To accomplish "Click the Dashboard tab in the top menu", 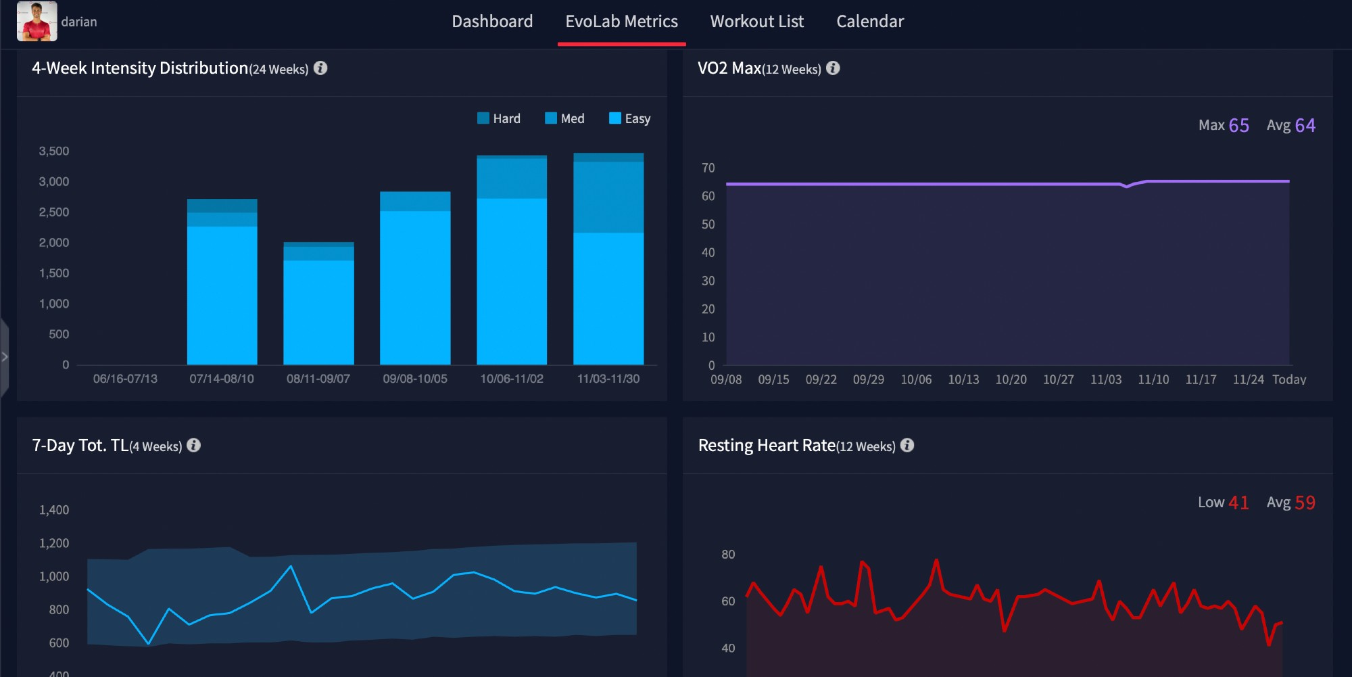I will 492,22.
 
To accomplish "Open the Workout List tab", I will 756,22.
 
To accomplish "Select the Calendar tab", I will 869,22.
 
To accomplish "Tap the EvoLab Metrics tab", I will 621,22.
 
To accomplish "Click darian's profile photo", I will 37,21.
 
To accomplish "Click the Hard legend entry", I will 499,118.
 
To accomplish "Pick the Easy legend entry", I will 629,118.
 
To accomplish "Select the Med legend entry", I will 564,118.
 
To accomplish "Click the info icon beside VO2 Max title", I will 833,68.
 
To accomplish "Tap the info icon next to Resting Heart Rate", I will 907,445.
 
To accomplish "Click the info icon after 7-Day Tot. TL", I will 193,445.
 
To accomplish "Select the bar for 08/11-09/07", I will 318,304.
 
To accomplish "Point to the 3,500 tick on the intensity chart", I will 54,151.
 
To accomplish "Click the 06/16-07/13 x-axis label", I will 125,379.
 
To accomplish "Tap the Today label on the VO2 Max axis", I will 1288,379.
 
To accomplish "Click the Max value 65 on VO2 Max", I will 1238,125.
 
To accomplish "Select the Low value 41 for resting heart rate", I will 1238,503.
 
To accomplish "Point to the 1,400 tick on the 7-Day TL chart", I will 54,510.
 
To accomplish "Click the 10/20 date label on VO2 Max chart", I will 1011,379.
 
